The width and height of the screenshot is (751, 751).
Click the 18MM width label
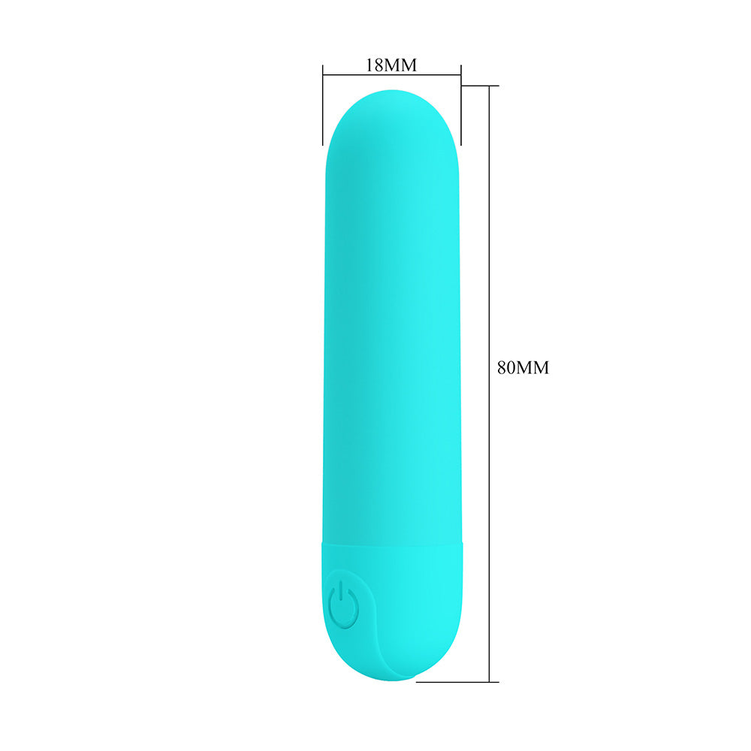(391, 65)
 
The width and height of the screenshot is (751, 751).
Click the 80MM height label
(523, 368)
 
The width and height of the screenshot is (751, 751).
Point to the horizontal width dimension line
(392, 74)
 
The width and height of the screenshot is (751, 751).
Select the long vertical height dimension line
(489, 384)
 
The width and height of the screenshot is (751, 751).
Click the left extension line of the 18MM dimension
(323, 105)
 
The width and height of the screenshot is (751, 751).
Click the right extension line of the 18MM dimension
(461, 105)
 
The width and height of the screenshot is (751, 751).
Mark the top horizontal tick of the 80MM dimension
(480, 86)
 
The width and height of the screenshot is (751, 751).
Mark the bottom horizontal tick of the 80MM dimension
(457, 682)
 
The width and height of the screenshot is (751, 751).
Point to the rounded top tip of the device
(392, 91)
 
